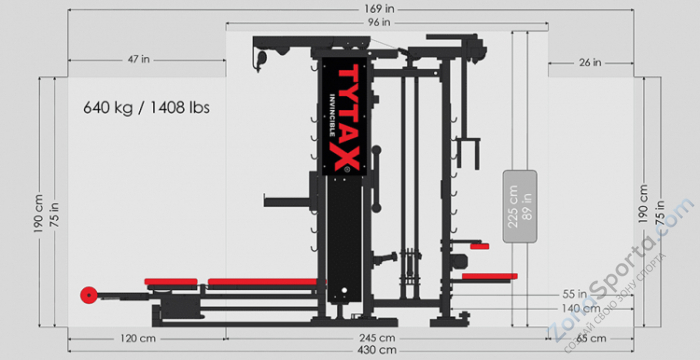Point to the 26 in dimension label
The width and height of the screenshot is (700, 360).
(x=590, y=62)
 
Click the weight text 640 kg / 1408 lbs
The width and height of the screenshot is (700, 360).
(x=147, y=105)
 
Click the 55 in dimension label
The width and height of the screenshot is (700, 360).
(x=574, y=295)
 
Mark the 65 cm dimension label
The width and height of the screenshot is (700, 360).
(x=590, y=338)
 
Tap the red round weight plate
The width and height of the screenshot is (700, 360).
(x=89, y=295)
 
